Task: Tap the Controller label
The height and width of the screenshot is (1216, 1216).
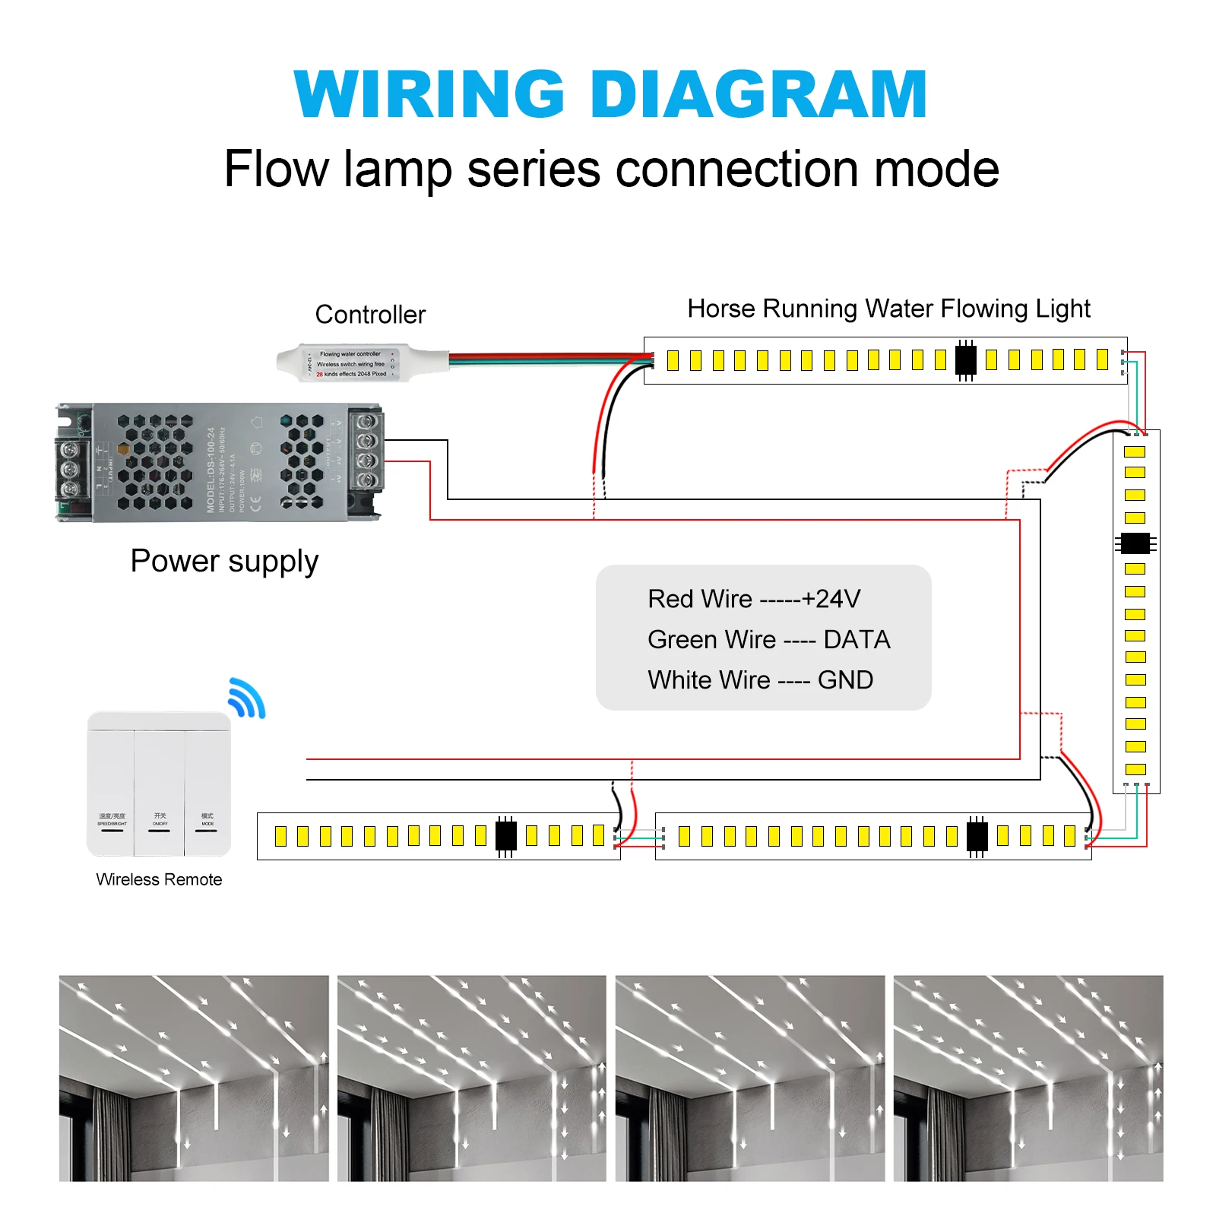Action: (370, 315)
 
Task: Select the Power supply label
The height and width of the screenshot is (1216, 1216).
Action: (224, 562)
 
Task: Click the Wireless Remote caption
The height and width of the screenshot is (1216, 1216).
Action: (159, 879)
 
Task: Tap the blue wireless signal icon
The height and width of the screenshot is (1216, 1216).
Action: (247, 698)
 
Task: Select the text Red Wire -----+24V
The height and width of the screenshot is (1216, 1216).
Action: (754, 599)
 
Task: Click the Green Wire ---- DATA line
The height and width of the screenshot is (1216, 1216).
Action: (768, 640)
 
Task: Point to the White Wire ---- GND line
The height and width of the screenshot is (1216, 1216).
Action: (760, 680)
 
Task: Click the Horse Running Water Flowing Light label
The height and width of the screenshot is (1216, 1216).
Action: (888, 309)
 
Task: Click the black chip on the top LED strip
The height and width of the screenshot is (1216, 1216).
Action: (965, 359)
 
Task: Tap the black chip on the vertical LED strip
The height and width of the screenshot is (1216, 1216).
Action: (1135, 543)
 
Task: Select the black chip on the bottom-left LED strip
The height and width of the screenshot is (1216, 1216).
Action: (505, 836)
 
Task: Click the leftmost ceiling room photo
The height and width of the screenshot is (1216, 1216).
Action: (194, 1078)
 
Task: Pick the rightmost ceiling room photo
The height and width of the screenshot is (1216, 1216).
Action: (1028, 1078)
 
